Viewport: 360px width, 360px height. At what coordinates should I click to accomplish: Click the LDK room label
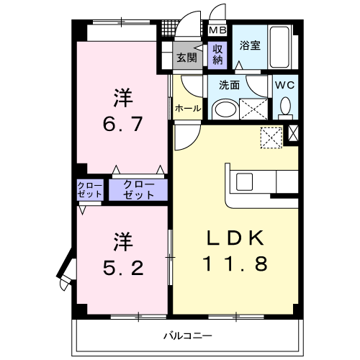point(235,239)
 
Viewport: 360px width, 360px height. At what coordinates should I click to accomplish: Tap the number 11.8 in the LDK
point(235,264)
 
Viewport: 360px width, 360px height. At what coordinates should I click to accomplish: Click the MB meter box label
point(217,30)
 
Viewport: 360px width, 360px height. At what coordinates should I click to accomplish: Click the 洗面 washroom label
point(229,84)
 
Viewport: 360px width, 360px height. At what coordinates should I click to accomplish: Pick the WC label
point(285,84)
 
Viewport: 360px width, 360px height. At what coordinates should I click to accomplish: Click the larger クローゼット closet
point(138,189)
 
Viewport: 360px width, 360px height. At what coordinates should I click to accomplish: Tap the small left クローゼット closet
point(90,190)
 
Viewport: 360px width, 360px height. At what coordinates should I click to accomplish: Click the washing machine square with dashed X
point(271,135)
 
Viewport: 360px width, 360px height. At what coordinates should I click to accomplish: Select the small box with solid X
point(293,132)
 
